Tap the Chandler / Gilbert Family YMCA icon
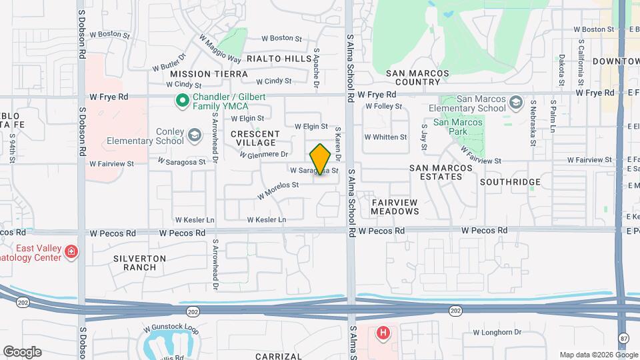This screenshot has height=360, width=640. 181,101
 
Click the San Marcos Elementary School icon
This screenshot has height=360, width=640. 515,103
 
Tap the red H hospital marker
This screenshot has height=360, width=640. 383,333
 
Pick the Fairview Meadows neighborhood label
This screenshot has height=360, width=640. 395,206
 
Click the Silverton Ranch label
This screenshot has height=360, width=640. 135,262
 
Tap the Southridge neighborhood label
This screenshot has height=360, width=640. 510,181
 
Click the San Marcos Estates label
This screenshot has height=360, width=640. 436,172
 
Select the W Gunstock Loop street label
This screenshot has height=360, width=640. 171,330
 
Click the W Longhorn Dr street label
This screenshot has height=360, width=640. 497,332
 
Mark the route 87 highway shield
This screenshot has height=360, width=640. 622,336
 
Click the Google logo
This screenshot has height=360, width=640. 22,351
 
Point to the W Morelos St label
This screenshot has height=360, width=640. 277,190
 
